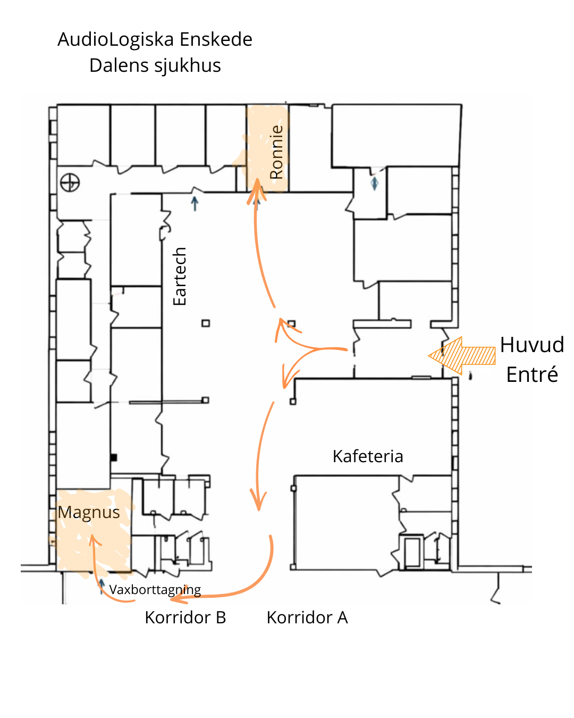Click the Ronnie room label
[276, 152]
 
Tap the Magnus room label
[89, 512]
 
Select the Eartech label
[180, 277]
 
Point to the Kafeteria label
[368, 456]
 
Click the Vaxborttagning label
[155, 590]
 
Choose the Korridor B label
[185, 617]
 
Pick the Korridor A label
[307, 617]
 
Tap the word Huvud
[531, 345]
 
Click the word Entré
[532, 374]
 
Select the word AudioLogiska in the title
[116, 39]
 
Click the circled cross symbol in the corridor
[70, 182]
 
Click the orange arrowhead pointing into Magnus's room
[94, 540]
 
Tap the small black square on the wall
[113, 457]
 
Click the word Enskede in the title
[216, 39]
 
